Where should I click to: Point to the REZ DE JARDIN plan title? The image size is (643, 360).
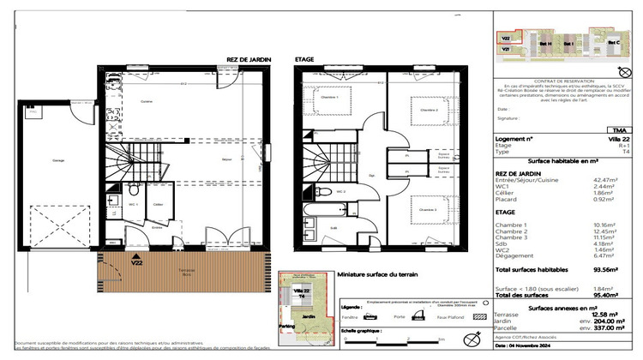tap(249, 60)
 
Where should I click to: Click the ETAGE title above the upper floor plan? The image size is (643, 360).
tap(304, 60)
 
